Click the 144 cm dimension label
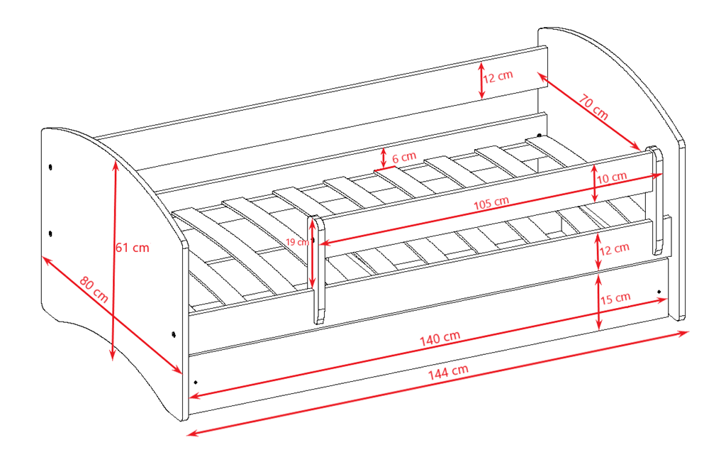(448, 372)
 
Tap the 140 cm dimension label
(440, 339)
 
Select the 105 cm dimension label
(491, 203)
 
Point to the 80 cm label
(94, 289)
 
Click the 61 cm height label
(133, 248)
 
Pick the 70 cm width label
(593, 107)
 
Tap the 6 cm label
(404, 158)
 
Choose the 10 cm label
(612, 177)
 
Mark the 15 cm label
(615, 298)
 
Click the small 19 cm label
(297, 242)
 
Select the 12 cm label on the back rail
(498, 77)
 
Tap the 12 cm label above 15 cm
(615, 249)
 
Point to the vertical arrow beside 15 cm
(598, 302)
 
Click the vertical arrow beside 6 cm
(384, 158)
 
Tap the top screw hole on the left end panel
(50, 167)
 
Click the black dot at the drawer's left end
(196, 383)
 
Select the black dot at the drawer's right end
(659, 292)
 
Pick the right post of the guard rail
(657, 200)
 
